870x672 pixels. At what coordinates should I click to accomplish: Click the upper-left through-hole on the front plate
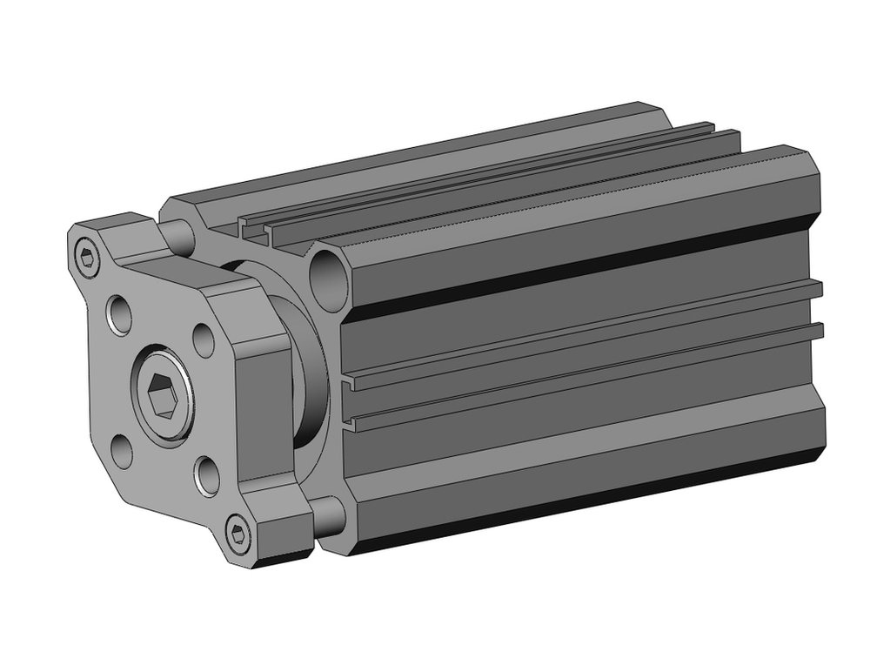(119, 316)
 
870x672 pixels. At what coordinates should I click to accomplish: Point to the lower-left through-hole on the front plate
(123, 451)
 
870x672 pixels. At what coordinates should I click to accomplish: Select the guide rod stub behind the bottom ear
(327, 516)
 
